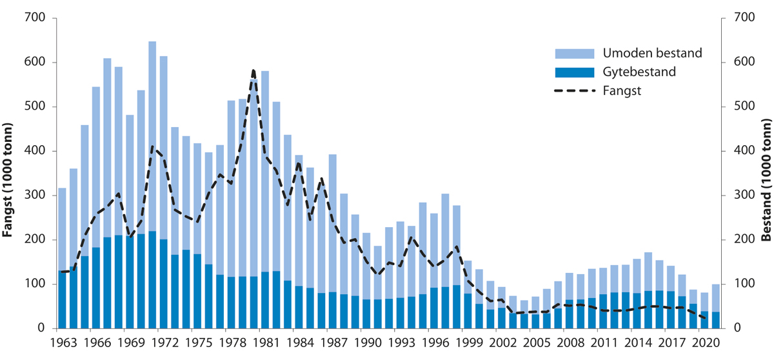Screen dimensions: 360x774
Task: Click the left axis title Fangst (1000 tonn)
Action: click(x=10, y=174)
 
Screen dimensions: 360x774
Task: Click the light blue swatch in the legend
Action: click(x=570, y=54)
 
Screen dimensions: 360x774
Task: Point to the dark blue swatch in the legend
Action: click(x=570, y=72)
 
